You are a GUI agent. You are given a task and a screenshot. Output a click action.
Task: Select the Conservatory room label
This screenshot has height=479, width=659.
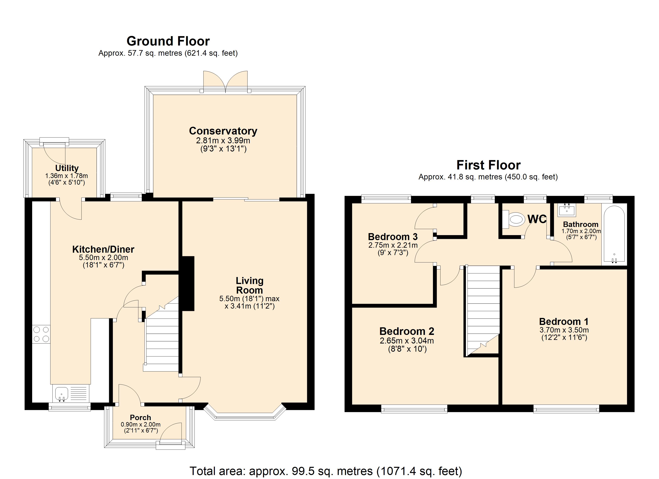(x=223, y=131)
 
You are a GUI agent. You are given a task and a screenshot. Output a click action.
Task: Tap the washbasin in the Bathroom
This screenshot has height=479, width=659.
(x=566, y=210)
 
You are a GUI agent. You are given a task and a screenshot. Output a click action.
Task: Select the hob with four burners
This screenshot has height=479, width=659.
(x=41, y=334)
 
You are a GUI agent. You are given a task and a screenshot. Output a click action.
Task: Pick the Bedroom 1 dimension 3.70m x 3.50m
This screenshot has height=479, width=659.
(x=564, y=330)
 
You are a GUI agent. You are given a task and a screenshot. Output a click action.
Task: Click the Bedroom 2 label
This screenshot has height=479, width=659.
(x=407, y=331)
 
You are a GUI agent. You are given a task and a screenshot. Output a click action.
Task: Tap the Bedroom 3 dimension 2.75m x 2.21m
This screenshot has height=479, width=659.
(x=393, y=245)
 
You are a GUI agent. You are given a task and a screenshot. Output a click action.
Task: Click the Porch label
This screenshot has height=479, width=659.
(x=140, y=417)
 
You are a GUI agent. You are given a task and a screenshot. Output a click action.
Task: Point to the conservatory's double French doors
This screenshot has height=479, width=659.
(x=225, y=82)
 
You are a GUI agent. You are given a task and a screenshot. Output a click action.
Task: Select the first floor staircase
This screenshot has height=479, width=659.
(x=483, y=309)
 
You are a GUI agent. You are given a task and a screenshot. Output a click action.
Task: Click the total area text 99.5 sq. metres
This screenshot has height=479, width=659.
(x=326, y=471)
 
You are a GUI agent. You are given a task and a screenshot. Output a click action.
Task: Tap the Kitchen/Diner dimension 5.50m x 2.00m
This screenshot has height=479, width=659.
(x=103, y=258)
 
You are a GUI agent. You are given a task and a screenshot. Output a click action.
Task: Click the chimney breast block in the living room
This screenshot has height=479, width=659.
(x=188, y=283)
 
